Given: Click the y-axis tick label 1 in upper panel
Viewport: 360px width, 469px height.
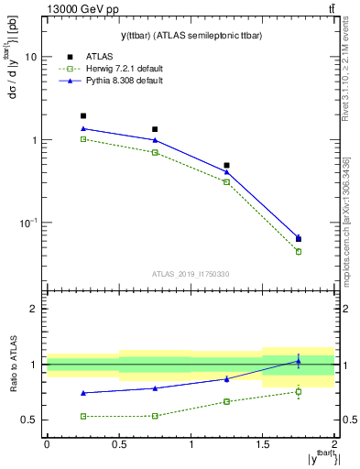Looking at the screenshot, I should [x=34, y=140].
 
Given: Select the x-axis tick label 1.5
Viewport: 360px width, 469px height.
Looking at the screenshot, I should [x=262, y=444].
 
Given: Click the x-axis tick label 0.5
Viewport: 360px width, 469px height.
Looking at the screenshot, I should [x=118, y=444].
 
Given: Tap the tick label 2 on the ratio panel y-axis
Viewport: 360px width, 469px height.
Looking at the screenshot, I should [x=34, y=310].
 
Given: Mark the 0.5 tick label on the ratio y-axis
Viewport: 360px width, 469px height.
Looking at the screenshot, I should [x=30, y=420].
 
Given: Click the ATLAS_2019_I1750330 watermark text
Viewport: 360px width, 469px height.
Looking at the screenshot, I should [x=191, y=274].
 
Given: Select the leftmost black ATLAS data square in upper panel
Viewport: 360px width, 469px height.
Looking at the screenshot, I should [x=82, y=116].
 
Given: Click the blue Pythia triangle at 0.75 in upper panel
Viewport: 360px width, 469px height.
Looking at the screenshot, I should [x=155, y=140].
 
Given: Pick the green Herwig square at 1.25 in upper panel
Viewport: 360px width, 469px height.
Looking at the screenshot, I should [x=226, y=182].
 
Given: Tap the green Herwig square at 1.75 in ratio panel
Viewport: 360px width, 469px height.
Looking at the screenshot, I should [x=298, y=392].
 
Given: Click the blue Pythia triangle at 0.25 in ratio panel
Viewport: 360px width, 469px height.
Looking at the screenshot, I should [x=83, y=393].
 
